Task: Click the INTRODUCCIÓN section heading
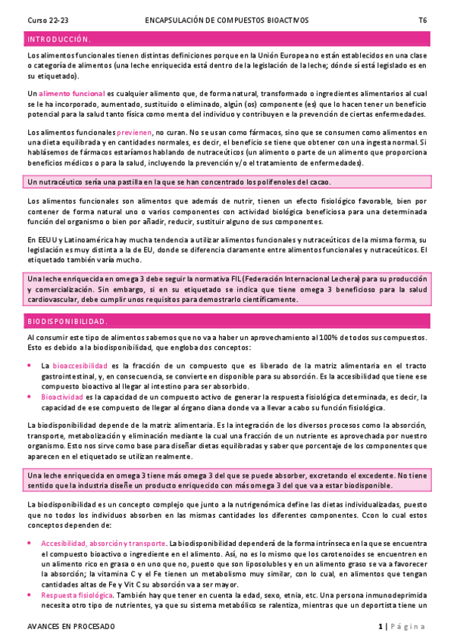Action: click(59, 39)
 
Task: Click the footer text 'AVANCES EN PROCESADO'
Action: click(70, 627)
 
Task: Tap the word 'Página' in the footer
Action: click(408, 627)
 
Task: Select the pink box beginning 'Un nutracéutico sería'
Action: click(227, 182)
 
